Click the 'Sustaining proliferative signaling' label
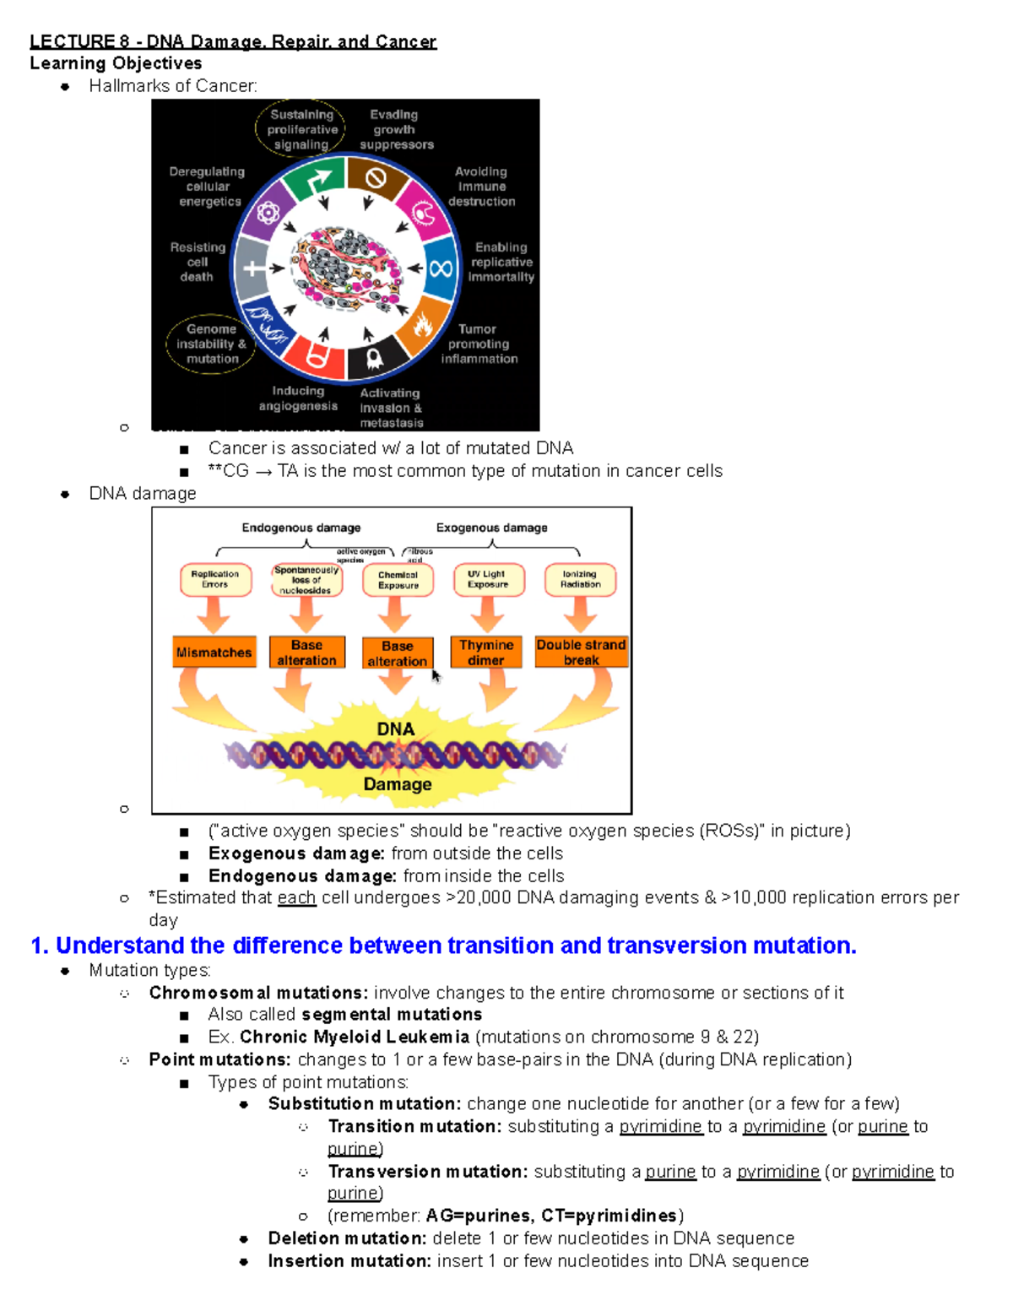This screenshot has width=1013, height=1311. (301, 129)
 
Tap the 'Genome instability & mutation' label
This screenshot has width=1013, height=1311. (211, 344)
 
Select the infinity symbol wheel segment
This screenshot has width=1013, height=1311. (440, 268)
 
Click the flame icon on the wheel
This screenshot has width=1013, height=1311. (422, 324)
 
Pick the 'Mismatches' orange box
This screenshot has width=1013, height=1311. (214, 653)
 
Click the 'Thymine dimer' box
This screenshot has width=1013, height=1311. (486, 653)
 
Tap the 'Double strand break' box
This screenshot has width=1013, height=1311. (581, 653)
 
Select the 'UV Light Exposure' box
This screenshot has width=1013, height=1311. (488, 579)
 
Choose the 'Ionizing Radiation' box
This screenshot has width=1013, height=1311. (581, 579)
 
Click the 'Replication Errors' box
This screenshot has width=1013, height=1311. (215, 579)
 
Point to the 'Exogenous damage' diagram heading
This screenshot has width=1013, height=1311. (491, 528)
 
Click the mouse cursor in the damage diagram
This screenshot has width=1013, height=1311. (436, 675)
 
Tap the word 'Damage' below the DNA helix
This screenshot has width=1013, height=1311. (397, 784)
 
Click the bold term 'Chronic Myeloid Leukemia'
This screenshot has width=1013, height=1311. (355, 1037)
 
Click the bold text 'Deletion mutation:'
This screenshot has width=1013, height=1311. (347, 1238)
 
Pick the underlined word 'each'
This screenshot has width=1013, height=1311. (296, 897)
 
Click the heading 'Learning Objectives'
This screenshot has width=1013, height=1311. (116, 63)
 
